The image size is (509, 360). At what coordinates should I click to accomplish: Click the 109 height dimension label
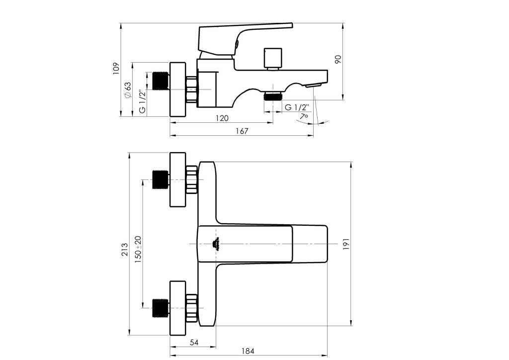point(116,69)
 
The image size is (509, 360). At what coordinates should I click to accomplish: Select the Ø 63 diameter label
point(127,90)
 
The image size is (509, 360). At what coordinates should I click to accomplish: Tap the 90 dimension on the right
point(338,59)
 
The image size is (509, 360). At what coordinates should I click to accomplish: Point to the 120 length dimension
point(222,118)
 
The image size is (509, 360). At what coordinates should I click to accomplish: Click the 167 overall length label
point(242,131)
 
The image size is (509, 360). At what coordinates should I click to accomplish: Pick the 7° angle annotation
point(304,116)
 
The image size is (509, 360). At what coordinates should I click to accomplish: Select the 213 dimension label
point(125,249)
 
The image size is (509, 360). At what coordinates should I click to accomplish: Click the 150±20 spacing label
point(138,249)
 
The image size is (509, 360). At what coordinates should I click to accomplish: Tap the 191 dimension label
point(346,244)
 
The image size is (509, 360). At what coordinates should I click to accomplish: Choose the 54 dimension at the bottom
point(194,342)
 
